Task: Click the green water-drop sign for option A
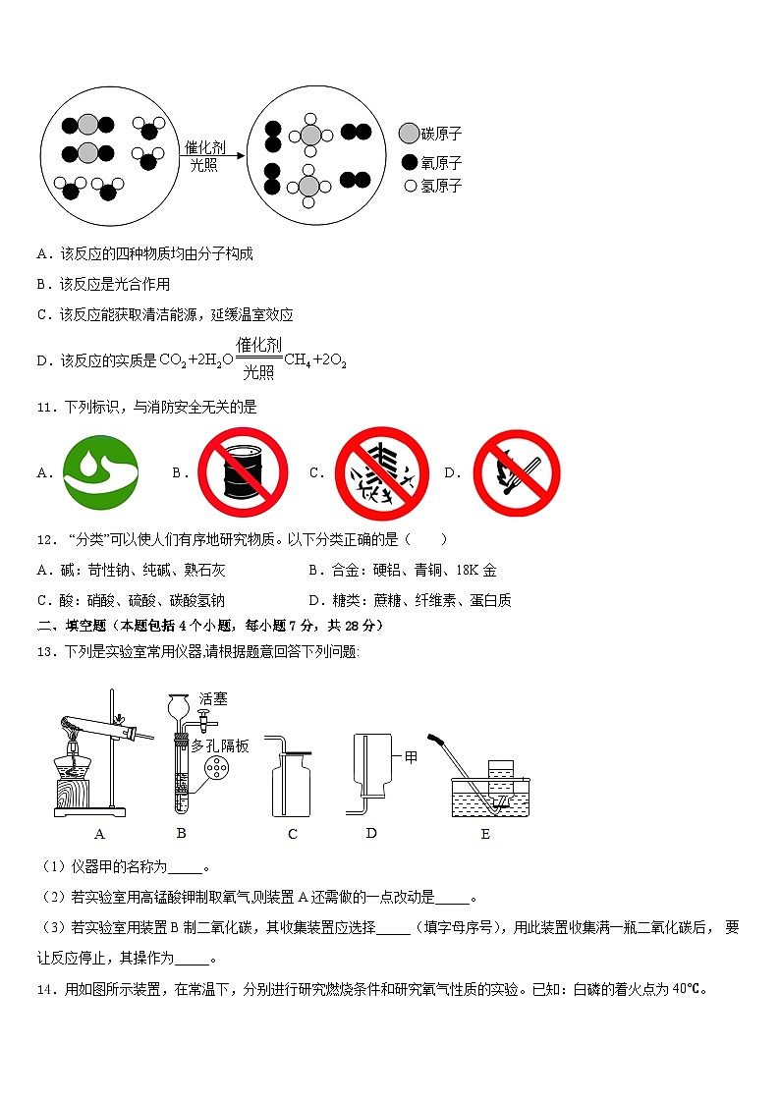[100, 472]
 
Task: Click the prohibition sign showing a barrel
[243, 472]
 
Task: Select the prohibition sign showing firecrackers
[382, 472]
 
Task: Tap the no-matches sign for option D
[517, 472]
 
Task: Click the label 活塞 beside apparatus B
[213, 699]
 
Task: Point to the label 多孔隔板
[220, 746]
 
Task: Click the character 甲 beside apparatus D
[411, 757]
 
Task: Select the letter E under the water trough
[484, 835]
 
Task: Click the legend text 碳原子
[441, 134]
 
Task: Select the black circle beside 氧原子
[410, 163]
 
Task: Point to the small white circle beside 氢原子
[410, 186]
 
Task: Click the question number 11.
[45, 407]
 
